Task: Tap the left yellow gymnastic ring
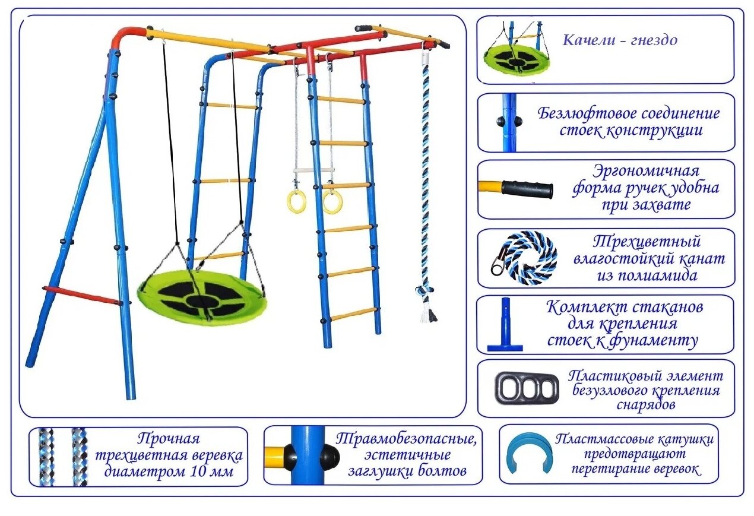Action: point(296,202)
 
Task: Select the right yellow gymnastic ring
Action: point(332,202)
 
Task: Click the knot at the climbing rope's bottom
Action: point(426,291)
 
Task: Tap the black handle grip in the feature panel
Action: point(527,189)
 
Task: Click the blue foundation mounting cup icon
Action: point(505,325)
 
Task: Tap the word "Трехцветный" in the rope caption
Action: point(647,242)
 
